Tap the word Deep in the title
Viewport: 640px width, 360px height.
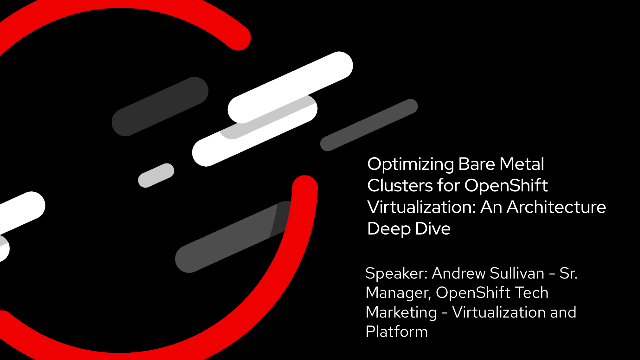click(x=384, y=228)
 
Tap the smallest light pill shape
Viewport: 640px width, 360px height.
click(x=156, y=175)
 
